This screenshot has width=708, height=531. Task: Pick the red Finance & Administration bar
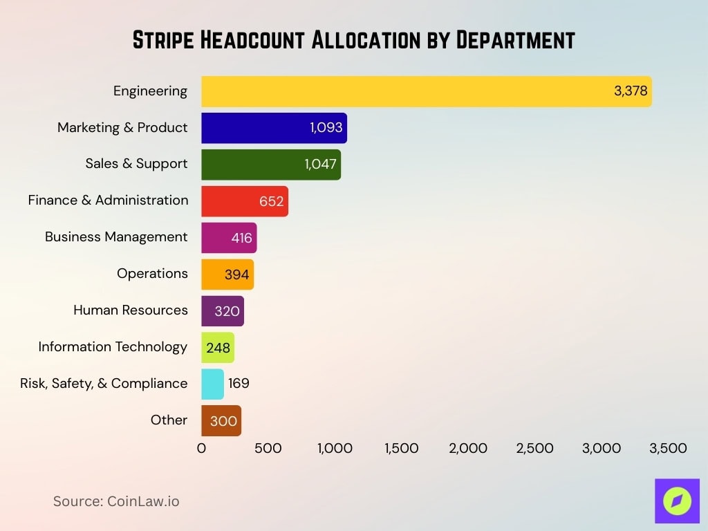click(x=228, y=201)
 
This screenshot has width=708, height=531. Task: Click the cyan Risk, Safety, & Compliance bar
click(x=212, y=384)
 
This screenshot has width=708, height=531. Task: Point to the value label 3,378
click(x=631, y=91)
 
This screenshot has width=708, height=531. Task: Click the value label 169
click(x=239, y=384)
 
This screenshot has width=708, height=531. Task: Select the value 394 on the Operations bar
click(x=236, y=274)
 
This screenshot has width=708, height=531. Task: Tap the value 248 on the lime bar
click(x=218, y=348)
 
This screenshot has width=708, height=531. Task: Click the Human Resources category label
click(x=131, y=310)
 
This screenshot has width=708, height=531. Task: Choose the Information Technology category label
click(x=113, y=346)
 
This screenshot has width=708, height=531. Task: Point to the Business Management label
click(x=116, y=236)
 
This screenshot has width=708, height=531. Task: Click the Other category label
click(x=169, y=420)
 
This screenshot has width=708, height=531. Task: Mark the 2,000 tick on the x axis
click(x=468, y=448)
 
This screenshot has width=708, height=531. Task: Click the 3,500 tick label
click(x=668, y=448)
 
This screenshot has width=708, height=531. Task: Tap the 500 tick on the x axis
click(x=268, y=448)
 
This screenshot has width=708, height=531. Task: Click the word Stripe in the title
click(x=163, y=40)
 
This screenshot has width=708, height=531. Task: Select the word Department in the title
click(x=515, y=40)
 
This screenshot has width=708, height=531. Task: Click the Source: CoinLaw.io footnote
click(x=116, y=501)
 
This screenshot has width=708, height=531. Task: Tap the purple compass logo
click(x=677, y=501)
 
